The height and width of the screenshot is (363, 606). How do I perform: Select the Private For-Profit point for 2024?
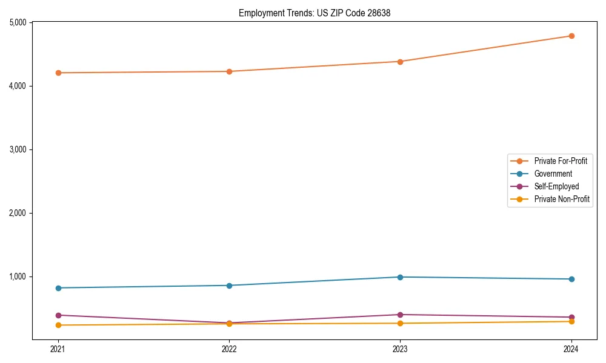(x=571, y=36)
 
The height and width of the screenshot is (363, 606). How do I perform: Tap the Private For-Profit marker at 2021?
(x=58, y=73)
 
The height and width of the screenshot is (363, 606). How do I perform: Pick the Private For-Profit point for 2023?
(x=400, y=61)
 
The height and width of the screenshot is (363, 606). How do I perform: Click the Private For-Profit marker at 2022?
(x=229, y=71)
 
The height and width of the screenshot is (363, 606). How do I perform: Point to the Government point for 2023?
(x=400, y=277)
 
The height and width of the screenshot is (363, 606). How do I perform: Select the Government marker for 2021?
(x=58, y=288)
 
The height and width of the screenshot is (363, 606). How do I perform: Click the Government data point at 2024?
(x=571, y=279)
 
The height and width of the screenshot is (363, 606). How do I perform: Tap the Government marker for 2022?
(x=229, y=286)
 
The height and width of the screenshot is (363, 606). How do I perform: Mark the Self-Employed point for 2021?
(x=58, y=315)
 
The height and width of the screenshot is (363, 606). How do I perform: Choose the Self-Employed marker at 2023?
(x=400, y=315)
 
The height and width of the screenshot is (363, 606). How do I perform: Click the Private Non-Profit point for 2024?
(x=571, y=321)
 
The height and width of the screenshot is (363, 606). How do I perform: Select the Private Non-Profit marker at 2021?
(x=58, y=325)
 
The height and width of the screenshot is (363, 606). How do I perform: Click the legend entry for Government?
(x=553, y=174)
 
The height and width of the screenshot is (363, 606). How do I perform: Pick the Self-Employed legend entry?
(x=556, y=186)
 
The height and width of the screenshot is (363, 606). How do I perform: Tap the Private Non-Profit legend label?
(x=562, y=199)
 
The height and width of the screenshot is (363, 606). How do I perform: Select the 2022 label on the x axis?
(x=229, y=348)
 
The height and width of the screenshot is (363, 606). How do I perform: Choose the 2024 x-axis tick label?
(x=571, y=348)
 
